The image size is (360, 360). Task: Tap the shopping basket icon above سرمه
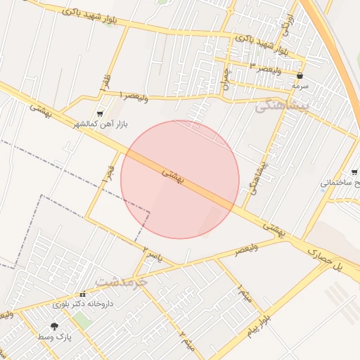point(300,75)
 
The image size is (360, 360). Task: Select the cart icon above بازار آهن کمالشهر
point(100,112)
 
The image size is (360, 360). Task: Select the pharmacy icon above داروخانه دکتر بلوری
point(83,294)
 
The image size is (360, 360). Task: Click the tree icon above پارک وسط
point(55,326)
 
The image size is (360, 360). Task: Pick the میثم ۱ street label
point(243,288)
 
